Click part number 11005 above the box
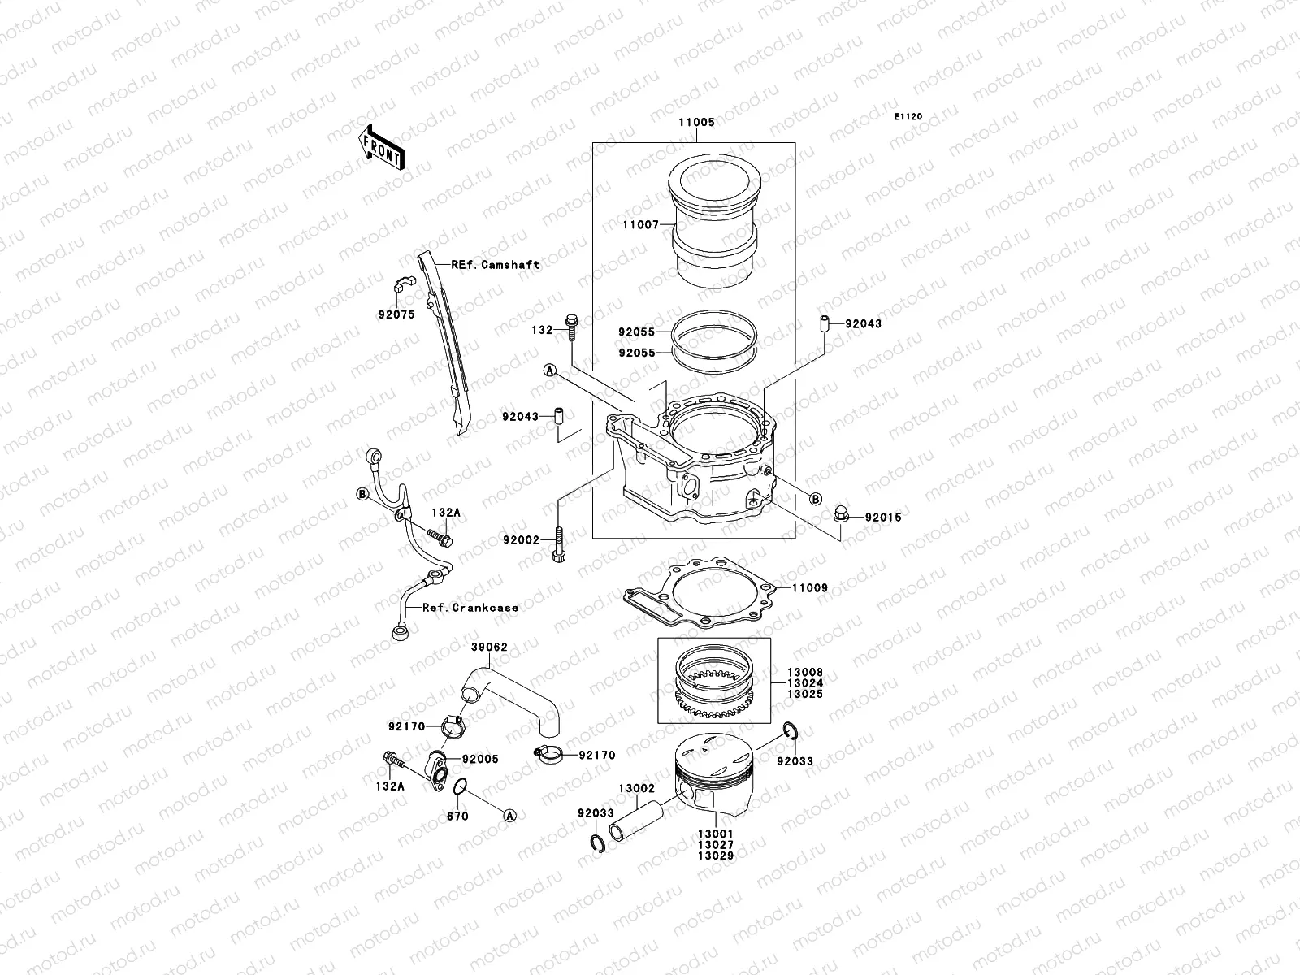pyautogui.click(x=696, y=122)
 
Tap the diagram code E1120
pyautogui.click(x=908, y=117)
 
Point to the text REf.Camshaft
pyautogui.click(x=496, y=264)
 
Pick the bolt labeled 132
pyautogui.click(x=571, y=327)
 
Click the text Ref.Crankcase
pyautogui.click(x=470, y=607)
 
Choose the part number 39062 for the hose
pyautogui.click(x=490, y=648)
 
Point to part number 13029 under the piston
pyautogui.click(x=715, y=856)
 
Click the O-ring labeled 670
pyautogui.click(x=460, y=786)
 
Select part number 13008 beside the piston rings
pyautogui.click(x=804, y=674)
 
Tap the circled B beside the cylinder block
pyautogui.click(x=816, y=499)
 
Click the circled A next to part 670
pyautogui.click(x=509, y=814)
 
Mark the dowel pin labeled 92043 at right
pyautogui.click(x=823, y=323)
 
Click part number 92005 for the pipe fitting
pyautogui.click(x=480, y=759)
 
